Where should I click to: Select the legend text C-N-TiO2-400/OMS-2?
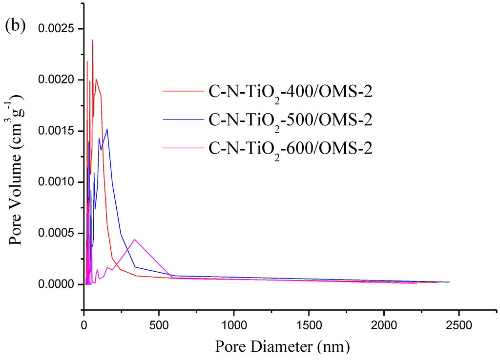click(291, 92)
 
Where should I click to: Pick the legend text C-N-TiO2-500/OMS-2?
click(291, 120)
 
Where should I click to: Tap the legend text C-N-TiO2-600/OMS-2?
click(291, 148)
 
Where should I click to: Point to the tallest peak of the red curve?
click(92, 40)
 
